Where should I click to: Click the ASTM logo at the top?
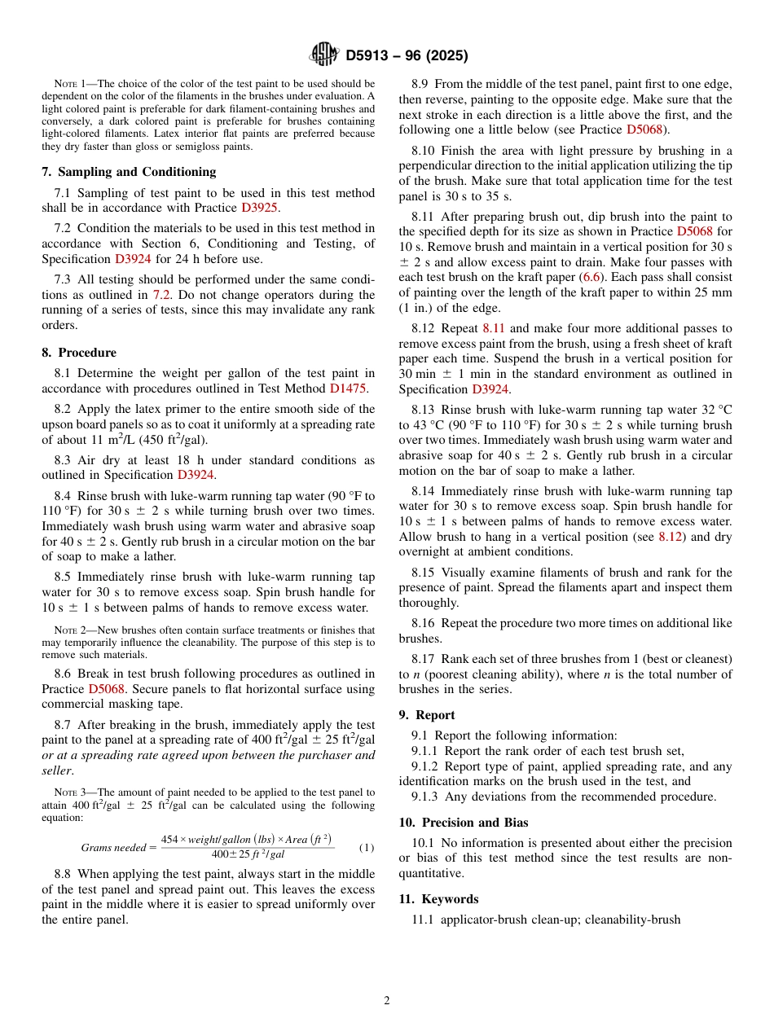[324, 55]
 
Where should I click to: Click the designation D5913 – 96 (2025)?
[407, 56]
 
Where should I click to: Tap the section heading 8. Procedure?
[79, 353]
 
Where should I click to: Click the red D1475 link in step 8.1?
[349, 388]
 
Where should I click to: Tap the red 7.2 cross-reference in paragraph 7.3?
[162, 295]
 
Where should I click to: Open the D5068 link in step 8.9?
[644, 129]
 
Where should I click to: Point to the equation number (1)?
[367, 847]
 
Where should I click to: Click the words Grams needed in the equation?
[113, 847]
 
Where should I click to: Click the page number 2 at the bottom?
[387, 1001]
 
